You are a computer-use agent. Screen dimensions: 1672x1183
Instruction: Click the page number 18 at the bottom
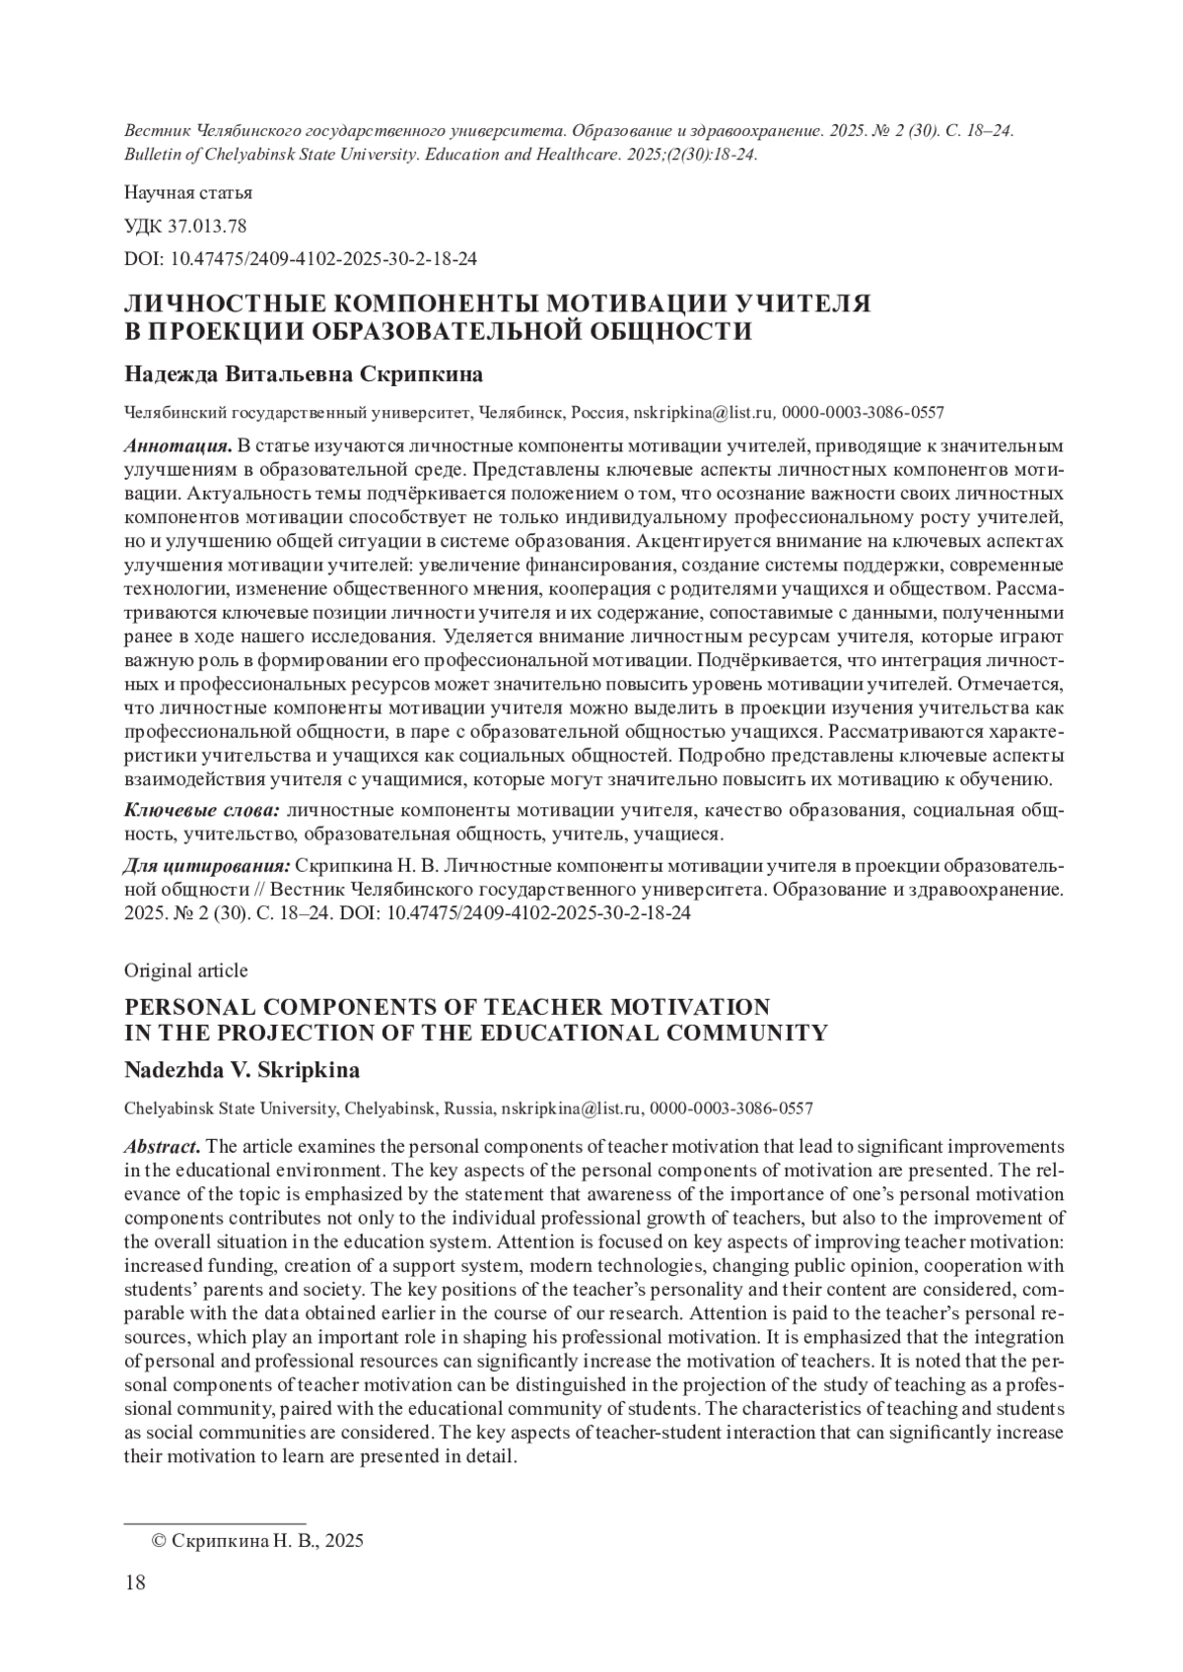[135, 1583]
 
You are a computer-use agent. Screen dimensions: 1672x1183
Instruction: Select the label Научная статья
[188, 192]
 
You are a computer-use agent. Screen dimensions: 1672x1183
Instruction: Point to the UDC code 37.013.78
[185, 226]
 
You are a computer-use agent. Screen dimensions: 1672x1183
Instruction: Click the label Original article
[185, 970]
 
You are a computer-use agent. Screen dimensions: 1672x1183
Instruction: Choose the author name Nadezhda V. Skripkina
[242, 1070]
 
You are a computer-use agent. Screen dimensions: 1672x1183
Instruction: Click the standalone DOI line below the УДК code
[301, 259]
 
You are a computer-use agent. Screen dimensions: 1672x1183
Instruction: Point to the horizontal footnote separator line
[214, 1523]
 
